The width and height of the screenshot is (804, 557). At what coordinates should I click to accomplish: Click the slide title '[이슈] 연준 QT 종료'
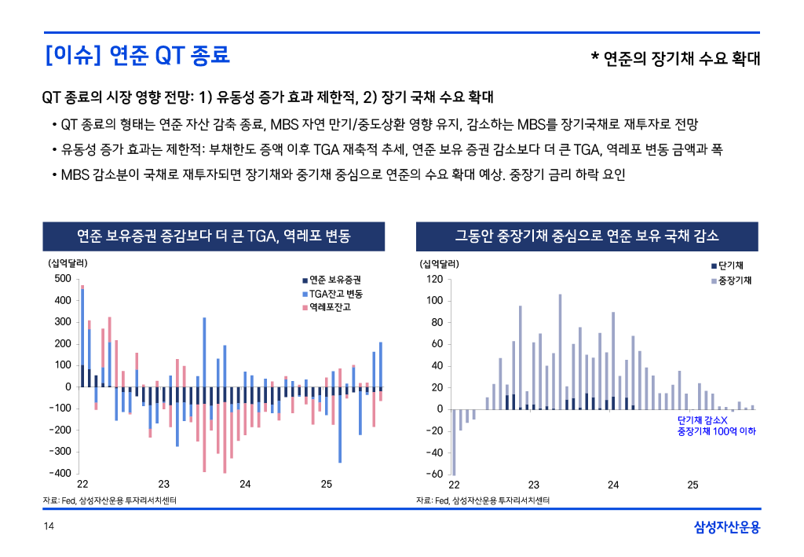pos(137,56)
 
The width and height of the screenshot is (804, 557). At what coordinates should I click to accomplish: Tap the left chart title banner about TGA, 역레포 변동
pos(214,236)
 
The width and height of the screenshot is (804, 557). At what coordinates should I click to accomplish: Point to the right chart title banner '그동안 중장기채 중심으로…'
pos(587,236)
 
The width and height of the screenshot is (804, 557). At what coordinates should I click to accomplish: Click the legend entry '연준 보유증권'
pos(335,280)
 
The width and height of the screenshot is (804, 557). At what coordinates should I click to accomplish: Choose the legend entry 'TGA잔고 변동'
pos(335,293)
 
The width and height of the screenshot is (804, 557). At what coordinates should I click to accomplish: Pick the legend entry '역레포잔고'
pos(330,306)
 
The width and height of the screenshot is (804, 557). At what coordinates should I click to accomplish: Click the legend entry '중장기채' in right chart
pos(734,280)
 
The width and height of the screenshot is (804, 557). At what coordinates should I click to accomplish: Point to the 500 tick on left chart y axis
pos(62,279)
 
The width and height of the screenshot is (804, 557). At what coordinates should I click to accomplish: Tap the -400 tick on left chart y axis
pos(60,473)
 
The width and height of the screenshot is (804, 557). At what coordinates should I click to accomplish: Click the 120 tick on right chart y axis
pos(434,279)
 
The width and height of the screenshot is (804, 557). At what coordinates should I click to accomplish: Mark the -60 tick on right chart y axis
pos(433,474)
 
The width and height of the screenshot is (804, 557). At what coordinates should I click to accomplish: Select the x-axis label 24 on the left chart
pos(245,484)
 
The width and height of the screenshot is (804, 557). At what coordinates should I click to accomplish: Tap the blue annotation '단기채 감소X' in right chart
pos(703,421)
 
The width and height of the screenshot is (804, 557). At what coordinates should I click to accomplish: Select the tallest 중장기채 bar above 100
pos(560,351)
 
